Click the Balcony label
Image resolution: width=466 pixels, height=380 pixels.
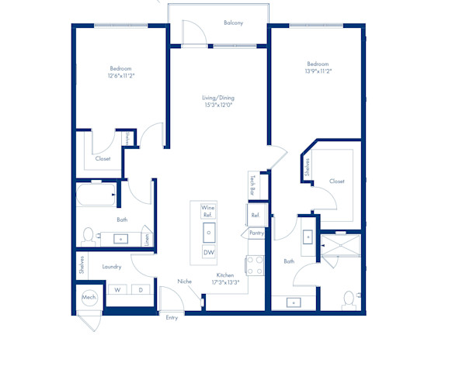pyautogui.click(x=233, y=22)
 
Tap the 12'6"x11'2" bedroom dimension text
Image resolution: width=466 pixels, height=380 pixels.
pyautogui.click(x=121, y=76)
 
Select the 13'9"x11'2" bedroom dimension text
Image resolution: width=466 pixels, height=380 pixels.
pyautogui.click(x=318, y=71)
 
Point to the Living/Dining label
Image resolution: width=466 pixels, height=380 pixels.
pyautogui.click(x=218, y=98)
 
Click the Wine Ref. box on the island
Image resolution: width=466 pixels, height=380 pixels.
pyautogui.click(x=208, y=211)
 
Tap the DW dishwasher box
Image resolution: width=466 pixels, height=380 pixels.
pyautogui.click(x=209, y=252)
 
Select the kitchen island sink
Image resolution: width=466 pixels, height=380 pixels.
pyautogui.click(x=209, y=233)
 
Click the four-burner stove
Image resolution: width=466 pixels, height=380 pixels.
pyautogui.click(x=255, y=265)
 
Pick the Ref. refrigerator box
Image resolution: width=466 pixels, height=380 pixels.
pyautogui.click(x=256, y=215)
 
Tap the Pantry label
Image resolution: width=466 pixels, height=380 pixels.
pyautogui.click(x=256, y=233)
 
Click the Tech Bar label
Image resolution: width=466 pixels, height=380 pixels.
pyautogui.click(x=252, y=185)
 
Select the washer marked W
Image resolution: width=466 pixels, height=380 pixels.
pyautogui.click(x=117, y=289)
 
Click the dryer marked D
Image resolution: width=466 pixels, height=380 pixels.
pyautogui.click(x=141, y=289)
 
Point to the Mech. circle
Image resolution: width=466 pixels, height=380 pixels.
pyautogui.click(x=89, y=298)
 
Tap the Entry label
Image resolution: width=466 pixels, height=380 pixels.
pyautogui.click(x=172, y=318)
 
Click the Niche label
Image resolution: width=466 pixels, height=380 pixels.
pyautogui.click(x=185, y=282)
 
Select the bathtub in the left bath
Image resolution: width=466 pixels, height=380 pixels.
pyautogui.click(x=96, y=195)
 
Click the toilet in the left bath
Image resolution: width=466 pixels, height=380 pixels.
pyautogui.click(x=89, y=237)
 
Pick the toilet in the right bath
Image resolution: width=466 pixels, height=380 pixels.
pyautogui.click(x=349, y=300)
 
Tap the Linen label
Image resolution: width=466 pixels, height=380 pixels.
pyautogui.click(x=147, y=240)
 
